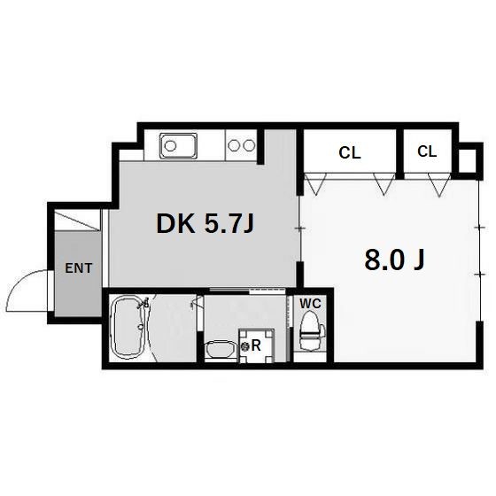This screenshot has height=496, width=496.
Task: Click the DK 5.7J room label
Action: pos(205,223)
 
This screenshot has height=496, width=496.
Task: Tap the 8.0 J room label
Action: pos(394,260)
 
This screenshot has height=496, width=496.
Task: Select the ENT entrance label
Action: pos(79,268)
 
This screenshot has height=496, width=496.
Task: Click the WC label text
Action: pos(310,304)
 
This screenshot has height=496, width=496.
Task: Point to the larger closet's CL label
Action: pos(350,153)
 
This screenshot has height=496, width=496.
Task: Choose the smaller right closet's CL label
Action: pos(427,151)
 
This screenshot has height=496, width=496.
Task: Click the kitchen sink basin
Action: pos(178,146)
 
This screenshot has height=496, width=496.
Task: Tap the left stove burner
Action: pos(234,145)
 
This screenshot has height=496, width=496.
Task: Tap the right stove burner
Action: pos(249,145)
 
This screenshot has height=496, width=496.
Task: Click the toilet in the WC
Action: pos(312,331)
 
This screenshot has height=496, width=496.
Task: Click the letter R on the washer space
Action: pos(256,346)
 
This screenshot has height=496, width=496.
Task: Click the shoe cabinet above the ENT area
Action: pos(78,221)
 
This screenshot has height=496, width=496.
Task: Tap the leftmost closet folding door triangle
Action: pos(315,184)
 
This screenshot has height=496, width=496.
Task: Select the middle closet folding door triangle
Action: pos(384,184)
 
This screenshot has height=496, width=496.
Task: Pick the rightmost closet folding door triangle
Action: pos(439,185)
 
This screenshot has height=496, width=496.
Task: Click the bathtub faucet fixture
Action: pos(143,304)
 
